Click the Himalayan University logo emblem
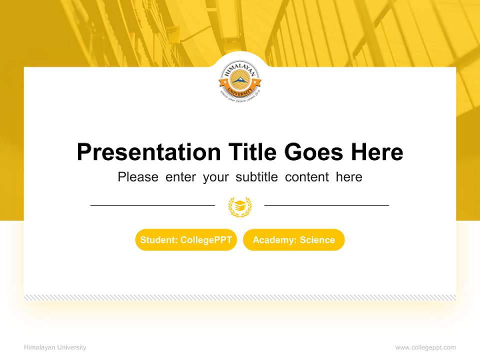point(240,82)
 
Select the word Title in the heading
point(252,152)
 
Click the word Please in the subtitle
point(138,177)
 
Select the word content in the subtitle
point(307,177)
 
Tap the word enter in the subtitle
point(180,177)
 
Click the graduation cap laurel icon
point(240,206)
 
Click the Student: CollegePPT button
point(186,240)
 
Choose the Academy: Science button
point(293,240)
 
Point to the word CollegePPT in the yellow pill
point(206,240)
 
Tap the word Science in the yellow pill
point(317,240)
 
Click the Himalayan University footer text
point(55,347)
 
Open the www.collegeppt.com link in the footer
point(425,347)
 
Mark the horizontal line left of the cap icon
point(152,205)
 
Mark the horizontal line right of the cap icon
point(326,205)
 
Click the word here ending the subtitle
point(349,177)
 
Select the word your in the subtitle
point(215,177)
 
